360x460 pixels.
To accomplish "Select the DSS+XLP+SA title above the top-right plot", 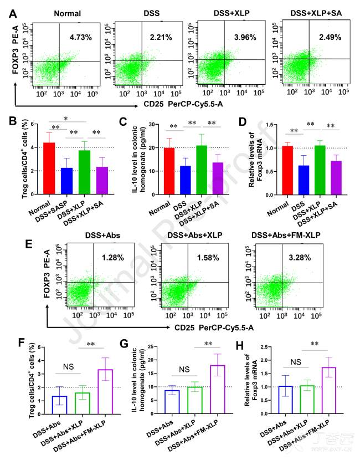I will tap(314, 12).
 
